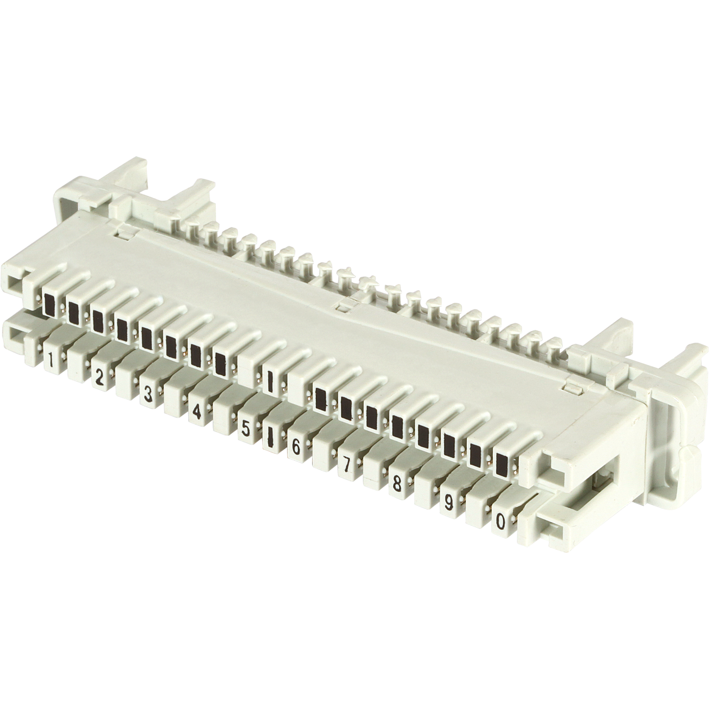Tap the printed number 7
(346, 466)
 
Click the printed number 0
(500, 522)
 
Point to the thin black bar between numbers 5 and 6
(270, 438)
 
